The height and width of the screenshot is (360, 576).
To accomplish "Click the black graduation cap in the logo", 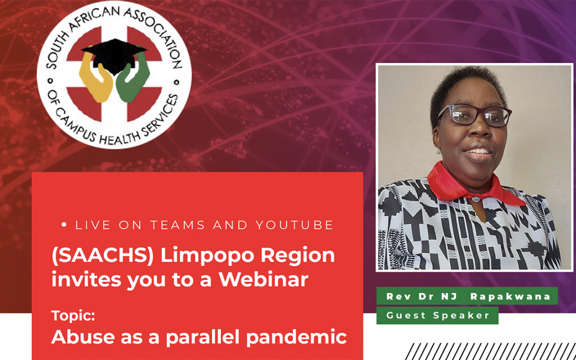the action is (x=114, y=55).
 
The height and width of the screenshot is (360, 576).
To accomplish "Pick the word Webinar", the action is (x=263, y=280).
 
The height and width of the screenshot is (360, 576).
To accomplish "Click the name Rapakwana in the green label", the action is (x=510, y=297).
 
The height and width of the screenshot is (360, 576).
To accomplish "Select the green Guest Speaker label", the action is (x=437, y=316).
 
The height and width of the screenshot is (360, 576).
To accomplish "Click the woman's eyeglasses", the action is (x=474, y=115).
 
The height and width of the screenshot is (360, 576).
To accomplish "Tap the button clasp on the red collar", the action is (x=476, y=199).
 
